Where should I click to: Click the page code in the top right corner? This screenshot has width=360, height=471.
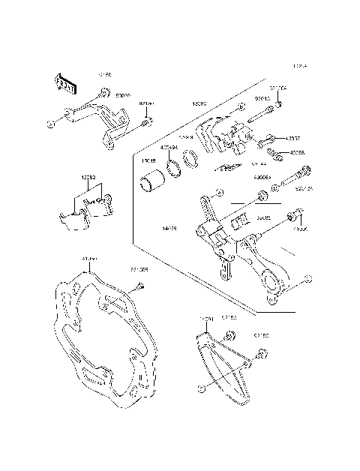[300, 67]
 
